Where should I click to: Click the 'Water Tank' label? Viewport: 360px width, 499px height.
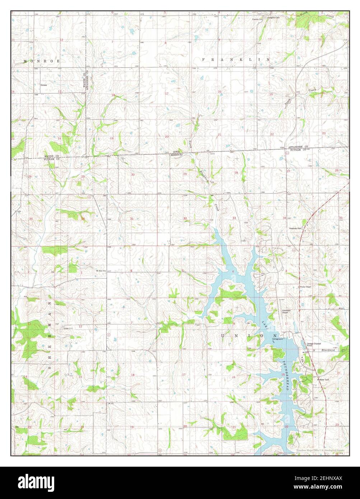[x=324, y=379]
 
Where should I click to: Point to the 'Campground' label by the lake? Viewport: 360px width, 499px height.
[x=278, y=339]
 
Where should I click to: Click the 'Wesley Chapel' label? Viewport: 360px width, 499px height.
[x=305, y=287]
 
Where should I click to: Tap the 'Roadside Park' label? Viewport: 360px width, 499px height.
[x=296, y=228]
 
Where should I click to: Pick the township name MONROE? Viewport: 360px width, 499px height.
[x=36, y=61]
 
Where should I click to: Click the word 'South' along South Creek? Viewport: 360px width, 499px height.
[x=287, y=102]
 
